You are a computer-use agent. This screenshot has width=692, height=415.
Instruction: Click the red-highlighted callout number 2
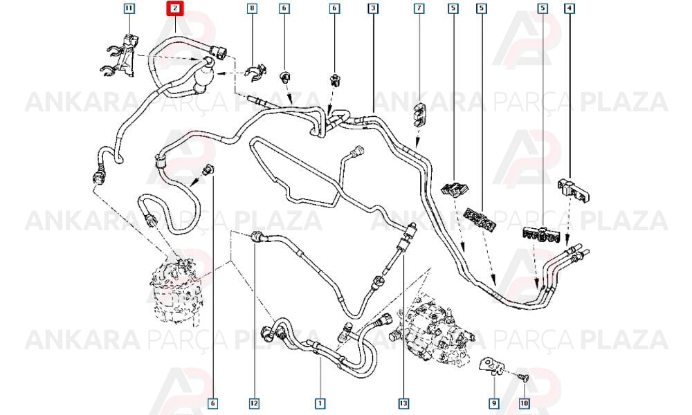click(175, 8)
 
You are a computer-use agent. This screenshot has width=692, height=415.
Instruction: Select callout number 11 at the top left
click(129, 8)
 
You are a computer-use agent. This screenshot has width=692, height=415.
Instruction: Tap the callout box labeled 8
click(252, 8)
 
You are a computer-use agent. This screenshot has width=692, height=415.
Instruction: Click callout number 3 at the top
click(374, 8)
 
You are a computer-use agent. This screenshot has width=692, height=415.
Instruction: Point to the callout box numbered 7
click(419, 8)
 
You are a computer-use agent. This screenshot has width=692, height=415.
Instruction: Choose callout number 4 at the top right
click(570, 8)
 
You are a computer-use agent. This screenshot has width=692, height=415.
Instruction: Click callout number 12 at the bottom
click(254, 403)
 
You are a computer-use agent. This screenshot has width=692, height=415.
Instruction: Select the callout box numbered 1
click(320, 403)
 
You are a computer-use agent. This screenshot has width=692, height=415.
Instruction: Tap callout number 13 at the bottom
click(403, 403)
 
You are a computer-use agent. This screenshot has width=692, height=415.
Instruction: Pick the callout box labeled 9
click(494, 403)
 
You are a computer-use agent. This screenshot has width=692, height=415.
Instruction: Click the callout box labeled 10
click(524, 403)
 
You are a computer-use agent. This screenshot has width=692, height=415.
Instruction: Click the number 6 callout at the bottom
click(212, 403)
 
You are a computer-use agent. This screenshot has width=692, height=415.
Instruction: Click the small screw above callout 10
click(523, 377)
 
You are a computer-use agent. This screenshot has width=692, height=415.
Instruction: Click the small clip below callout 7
click(419, 114)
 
